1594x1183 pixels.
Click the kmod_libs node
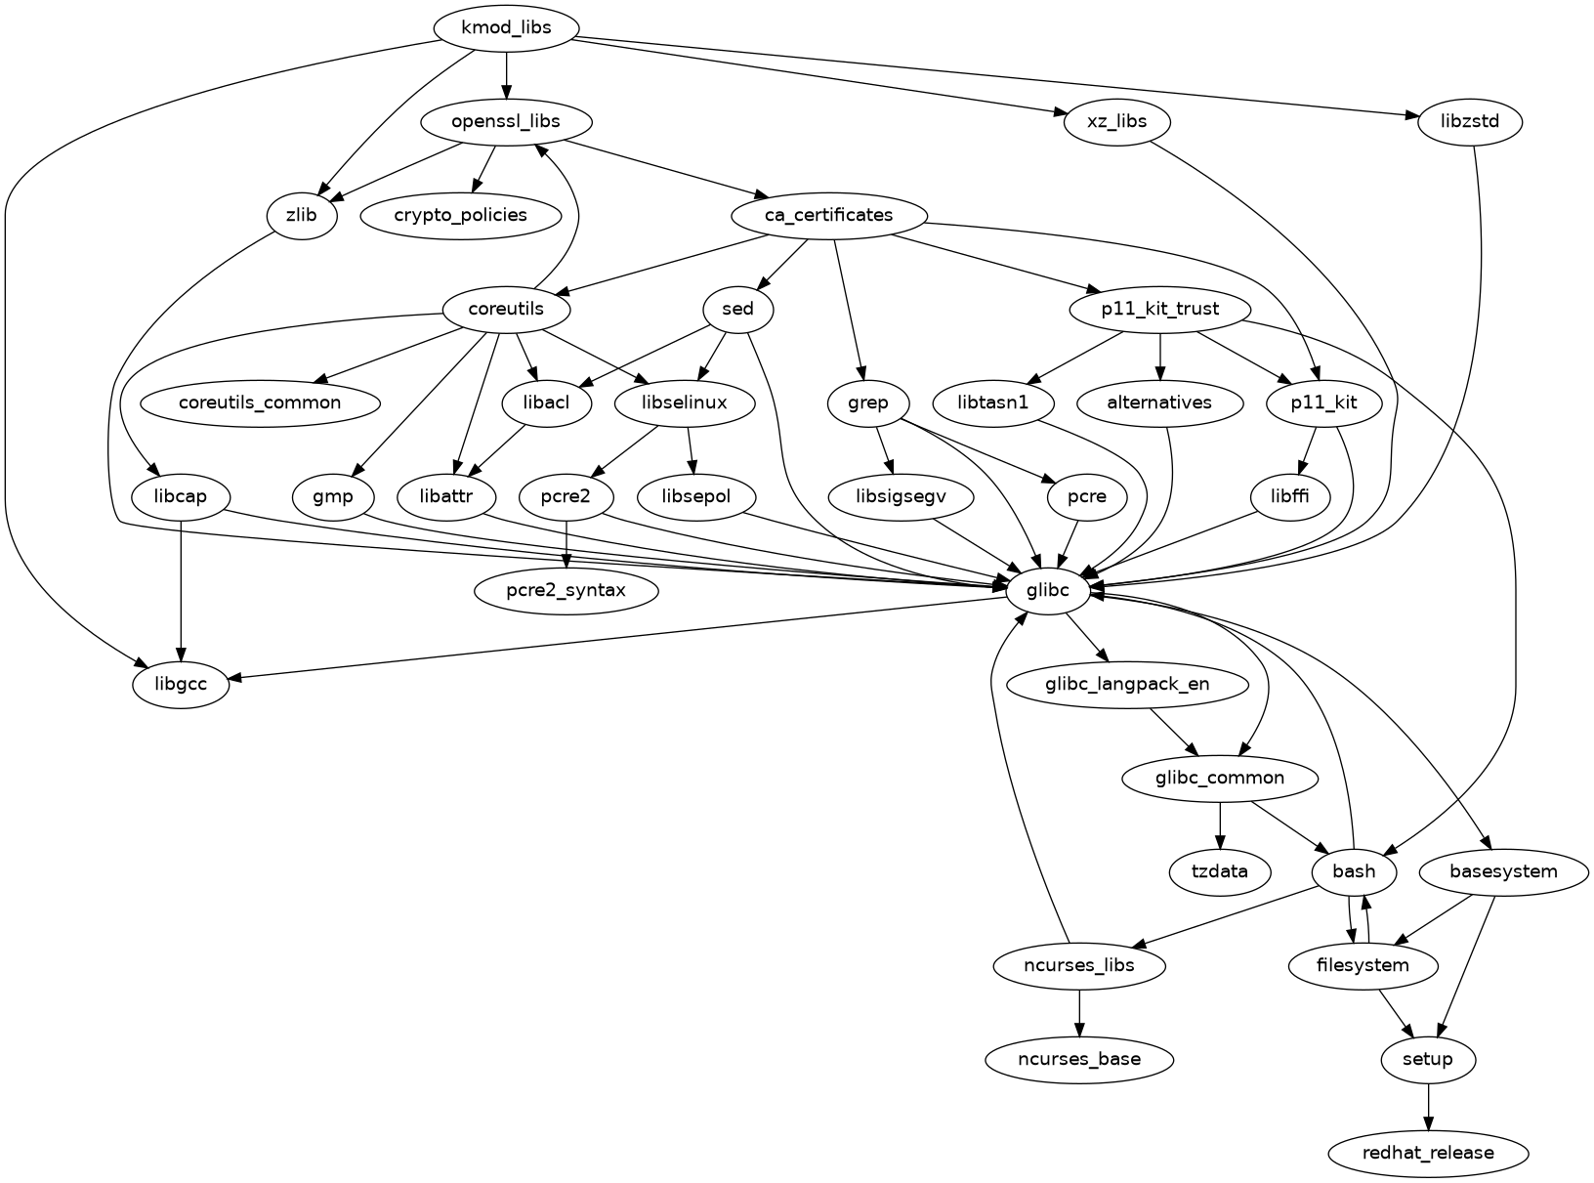[506, 27]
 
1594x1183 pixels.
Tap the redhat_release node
[1428, 1153]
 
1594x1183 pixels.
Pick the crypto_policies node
[461, 215]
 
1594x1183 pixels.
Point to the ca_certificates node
[828, 215]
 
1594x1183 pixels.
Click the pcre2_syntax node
[566, 590]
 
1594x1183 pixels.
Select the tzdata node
[1220, 871]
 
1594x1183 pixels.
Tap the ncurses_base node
[1078, 1059]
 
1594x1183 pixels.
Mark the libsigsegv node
[901, 497]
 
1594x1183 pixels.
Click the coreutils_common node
[260, 402]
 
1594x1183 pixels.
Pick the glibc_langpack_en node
[1127, 684]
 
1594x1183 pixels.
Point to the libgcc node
[181, 684]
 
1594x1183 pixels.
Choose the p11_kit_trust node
[1159, 310]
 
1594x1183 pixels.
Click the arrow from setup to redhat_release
[1428, 1106]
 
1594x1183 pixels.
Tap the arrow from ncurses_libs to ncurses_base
[1078, 1012]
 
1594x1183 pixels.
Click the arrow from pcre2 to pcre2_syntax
[566, 543]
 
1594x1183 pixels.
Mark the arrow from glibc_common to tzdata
[1220, 824]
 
